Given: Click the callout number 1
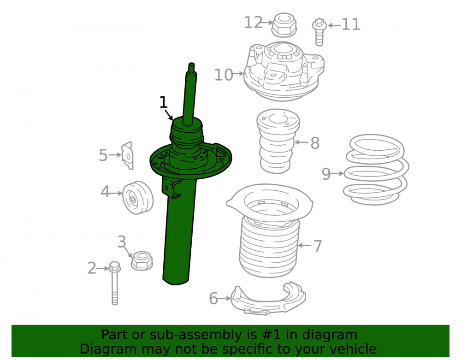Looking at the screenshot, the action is pos(163,102).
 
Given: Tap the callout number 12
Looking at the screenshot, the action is pos(254,23).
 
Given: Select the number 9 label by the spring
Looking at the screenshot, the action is pos(326,174).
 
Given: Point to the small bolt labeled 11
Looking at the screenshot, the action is pos(319,32).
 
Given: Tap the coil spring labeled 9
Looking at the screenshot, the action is pos(376,170).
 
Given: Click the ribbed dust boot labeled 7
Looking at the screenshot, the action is pos(269,230).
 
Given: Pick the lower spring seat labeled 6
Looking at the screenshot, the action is pos(268,300).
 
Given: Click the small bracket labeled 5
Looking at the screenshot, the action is pos(128,155).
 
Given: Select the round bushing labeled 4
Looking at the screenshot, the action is pos(137,197).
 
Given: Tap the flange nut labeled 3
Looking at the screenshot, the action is pos(142,261).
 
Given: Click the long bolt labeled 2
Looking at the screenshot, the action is pos(115,283).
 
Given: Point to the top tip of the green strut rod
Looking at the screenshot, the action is pos(191,64).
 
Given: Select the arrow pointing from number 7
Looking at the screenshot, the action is pos(304,245).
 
